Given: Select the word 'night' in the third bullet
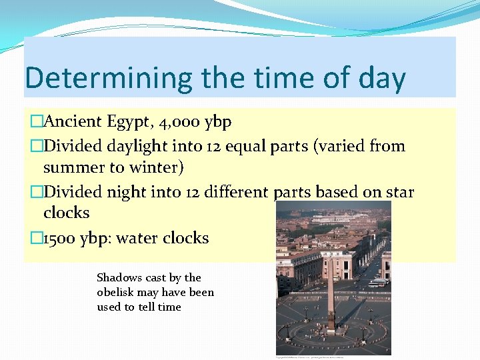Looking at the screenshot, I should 133,193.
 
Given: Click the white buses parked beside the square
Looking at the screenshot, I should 377,283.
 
